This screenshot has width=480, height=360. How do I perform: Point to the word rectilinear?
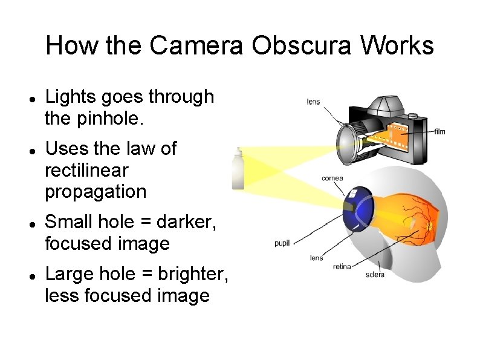[86, 171]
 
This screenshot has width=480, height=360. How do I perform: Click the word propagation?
[96, 192]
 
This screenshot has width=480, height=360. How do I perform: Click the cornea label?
[332, 178]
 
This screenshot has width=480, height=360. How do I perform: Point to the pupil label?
[282, 243]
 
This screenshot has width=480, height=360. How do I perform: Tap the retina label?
[342, 267]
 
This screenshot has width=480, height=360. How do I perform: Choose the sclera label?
[375, 275]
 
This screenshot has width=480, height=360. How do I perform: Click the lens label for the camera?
[313, 102]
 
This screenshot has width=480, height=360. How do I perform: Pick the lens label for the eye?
[316, 258]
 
